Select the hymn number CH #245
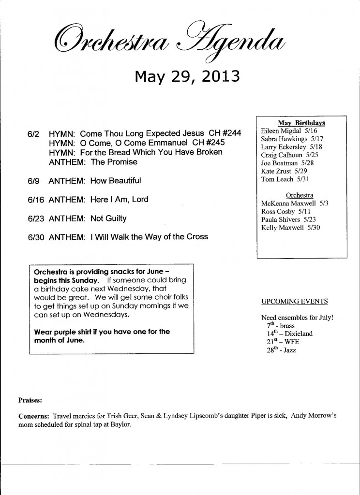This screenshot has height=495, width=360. click(209, 143)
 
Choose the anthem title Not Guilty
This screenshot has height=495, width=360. click(108, 218)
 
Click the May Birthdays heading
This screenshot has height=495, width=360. click(301, 123)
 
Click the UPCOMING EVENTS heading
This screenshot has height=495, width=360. click(294, 302)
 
